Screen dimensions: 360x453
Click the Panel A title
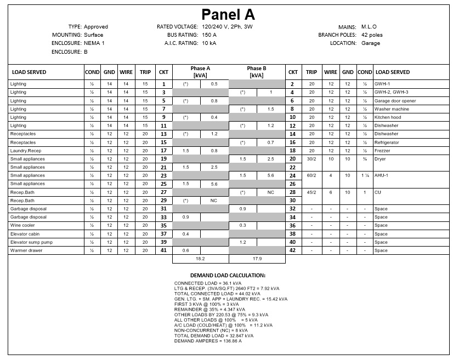[x=228, y=14]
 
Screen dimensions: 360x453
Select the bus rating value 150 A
[x=217, y=35]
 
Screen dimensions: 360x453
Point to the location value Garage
[x=371, y=43]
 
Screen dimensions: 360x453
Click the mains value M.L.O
[x=369, y=26]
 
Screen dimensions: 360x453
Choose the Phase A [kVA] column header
[x=200, y=72]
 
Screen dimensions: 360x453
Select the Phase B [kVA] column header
[x=256, y=72]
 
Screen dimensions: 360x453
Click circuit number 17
[x=163, y=150]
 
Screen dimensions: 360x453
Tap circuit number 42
[x=293, y=250]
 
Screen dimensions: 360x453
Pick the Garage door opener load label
[x=395, y=101]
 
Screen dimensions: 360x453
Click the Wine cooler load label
[x=22, y=225]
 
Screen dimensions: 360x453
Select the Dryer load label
[x=380, y=158]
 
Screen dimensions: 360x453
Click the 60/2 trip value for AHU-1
[x=312, y=175]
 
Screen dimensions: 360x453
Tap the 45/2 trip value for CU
[x=312, y=192]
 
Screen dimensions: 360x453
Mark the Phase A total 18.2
[x=200, y=259]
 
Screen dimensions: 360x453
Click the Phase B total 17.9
[x=256, y=259]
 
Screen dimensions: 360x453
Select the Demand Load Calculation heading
[x=228, y=275]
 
